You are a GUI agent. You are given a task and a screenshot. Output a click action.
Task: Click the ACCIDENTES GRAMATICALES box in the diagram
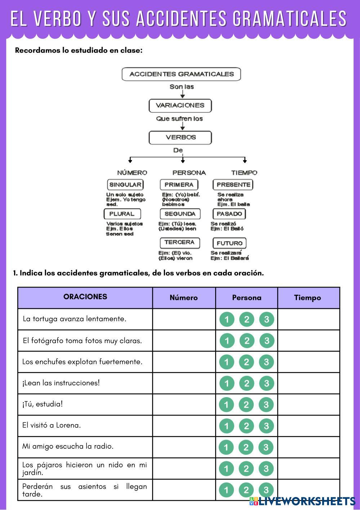[181, 74]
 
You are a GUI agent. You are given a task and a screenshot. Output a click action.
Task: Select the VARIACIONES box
[180, 106]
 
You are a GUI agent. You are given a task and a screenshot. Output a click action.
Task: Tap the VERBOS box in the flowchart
[180, 138]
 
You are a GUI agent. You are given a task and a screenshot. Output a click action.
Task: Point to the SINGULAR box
[125, 185]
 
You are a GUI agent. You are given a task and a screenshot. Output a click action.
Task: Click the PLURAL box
[122, 214]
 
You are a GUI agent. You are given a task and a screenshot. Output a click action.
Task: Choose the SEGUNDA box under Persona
[180, 214]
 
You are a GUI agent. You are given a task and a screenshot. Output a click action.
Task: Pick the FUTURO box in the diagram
[230, 243]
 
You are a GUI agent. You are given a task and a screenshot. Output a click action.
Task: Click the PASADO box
[229, 214]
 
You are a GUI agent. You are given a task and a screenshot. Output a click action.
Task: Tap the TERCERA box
[180, 243]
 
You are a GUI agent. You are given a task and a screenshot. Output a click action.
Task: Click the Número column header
[184, 298]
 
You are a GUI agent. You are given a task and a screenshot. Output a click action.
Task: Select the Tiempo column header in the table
[308, 298]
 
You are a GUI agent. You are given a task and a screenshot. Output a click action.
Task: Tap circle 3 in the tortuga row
[267, 319]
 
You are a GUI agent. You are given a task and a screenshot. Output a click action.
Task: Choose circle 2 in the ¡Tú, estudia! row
[246, 405]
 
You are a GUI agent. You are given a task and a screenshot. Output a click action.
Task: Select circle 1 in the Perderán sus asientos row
[226, 490]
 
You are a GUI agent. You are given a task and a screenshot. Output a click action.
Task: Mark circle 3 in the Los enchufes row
[266, 362]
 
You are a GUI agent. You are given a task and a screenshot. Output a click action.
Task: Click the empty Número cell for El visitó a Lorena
[184, 426]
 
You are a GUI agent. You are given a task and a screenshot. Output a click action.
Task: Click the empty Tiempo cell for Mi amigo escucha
[308, 447]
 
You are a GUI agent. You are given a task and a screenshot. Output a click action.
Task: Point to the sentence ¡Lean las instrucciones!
[61, 383]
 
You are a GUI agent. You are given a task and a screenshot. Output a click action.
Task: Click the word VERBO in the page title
[58, 18]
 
